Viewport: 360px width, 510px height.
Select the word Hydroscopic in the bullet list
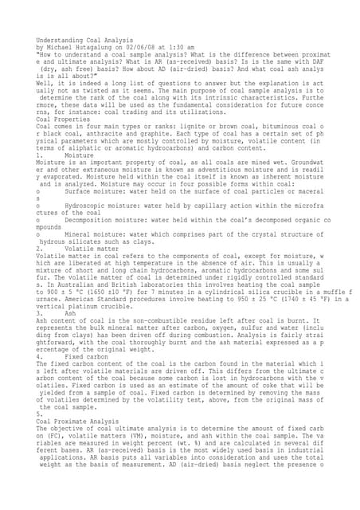91,206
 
